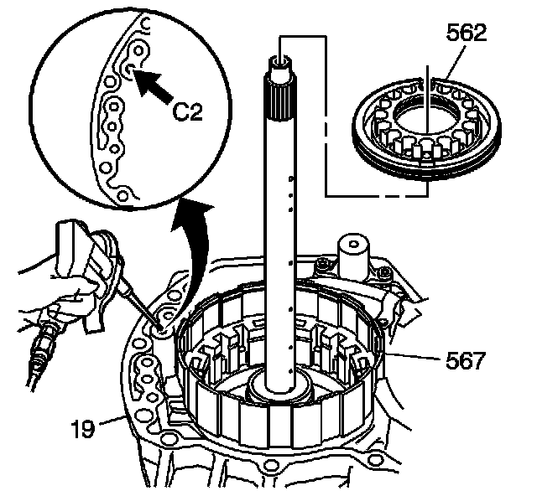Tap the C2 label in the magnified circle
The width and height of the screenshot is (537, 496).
[191, 111]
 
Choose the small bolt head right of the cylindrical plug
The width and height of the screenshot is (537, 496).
[383, 271]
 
